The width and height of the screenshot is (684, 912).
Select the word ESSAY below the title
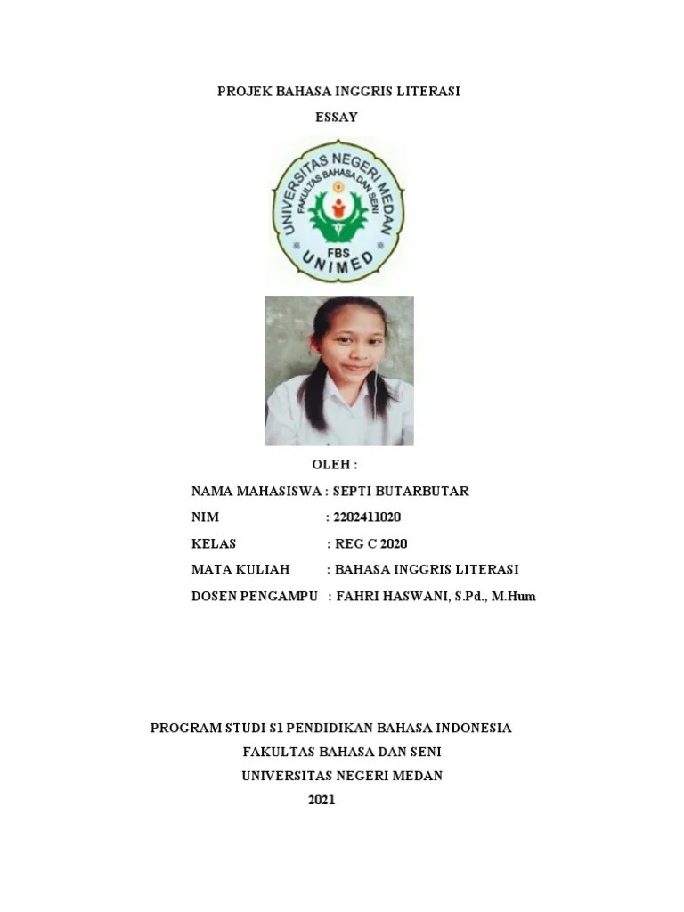point(337,117)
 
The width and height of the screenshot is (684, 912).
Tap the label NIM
point(205,517)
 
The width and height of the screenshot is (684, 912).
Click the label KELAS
point(214,543)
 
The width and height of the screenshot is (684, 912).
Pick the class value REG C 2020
point(371,543)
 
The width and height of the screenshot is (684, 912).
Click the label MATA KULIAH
point(234,569)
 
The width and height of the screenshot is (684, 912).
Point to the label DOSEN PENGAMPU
point(254,596)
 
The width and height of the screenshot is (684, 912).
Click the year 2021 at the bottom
point(322,800)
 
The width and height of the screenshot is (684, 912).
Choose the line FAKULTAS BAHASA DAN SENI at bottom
point(342,752)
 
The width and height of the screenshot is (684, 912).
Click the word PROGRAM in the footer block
point(183,728)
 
